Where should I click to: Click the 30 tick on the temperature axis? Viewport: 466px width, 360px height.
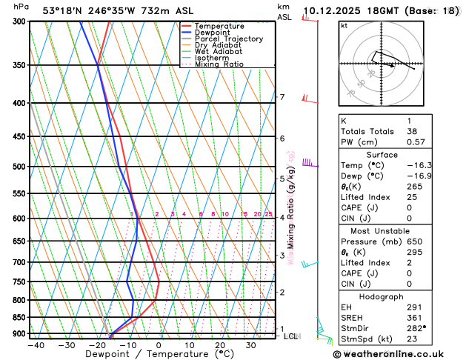[251, 345]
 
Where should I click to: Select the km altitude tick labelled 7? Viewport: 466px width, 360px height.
[282, 97]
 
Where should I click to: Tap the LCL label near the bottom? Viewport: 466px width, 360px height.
[290, 336]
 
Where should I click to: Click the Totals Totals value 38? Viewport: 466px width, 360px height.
[410, 131]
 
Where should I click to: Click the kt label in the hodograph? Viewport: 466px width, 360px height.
[344, 26]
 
